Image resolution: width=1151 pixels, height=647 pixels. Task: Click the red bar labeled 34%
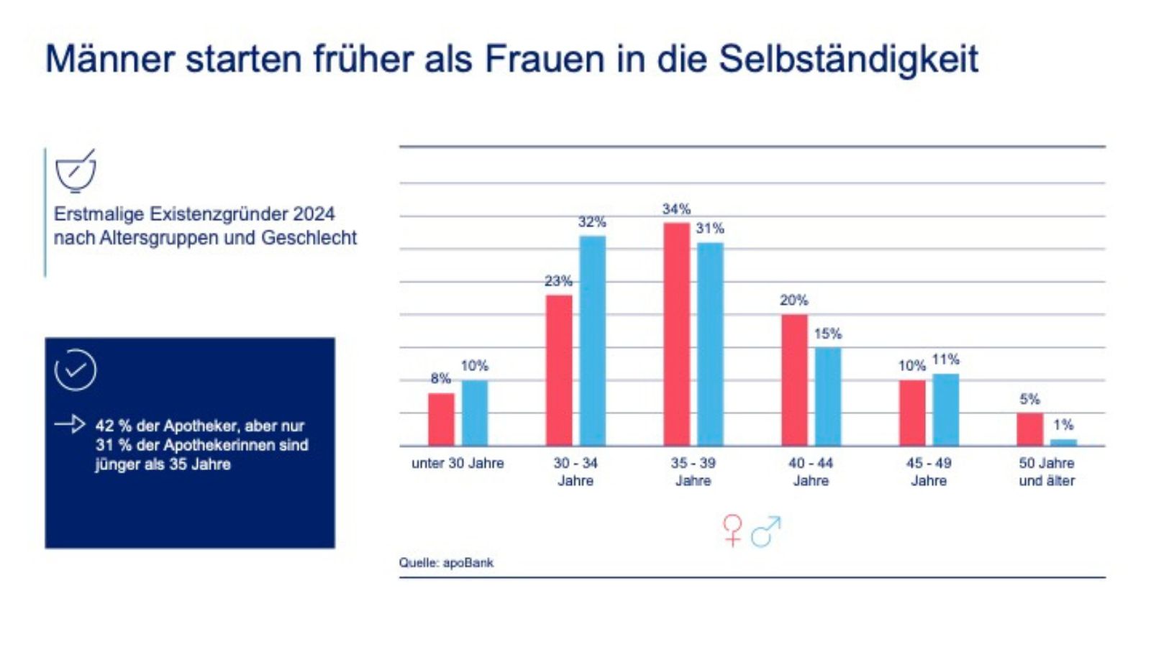(x=676, y=334)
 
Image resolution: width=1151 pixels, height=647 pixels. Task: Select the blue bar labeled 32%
(x=593, y=341)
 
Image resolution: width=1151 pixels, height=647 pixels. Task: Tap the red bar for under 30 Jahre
(x=441, y=419)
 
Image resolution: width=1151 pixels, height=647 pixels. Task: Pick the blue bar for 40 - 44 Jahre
(x=827, y=397)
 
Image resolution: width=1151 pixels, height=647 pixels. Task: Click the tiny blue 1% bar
(x=1063, y=442)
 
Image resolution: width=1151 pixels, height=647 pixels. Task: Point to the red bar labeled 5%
(x=1029, y=429)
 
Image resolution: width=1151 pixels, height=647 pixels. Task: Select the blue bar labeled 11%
(x=945, y=410)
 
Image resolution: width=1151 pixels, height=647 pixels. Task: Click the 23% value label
(x=558, y=281)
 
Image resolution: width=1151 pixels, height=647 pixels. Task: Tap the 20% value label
(x=793, y=300)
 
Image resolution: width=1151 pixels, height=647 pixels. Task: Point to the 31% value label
(x=710, y=229)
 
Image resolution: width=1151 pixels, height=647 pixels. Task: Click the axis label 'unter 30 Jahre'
(x=458, y=464)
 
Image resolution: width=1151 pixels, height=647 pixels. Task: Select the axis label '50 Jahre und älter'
(x=1047, y=472)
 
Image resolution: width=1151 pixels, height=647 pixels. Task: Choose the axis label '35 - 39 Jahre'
(x=693, y=472)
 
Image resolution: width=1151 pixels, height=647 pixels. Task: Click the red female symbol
(x=732, y=531)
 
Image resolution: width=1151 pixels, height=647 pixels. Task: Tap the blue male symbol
(x=766, y=532)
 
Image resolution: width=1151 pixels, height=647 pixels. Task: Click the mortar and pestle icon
(x=76, y=171)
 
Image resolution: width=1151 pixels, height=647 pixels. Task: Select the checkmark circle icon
(x=76, y=370)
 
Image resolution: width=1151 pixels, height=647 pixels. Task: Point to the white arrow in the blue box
(x=70, y=424)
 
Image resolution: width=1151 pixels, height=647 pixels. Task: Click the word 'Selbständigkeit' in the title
(x=848, y=59)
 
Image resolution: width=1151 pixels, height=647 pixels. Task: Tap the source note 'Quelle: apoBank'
(x=446, y=563)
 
